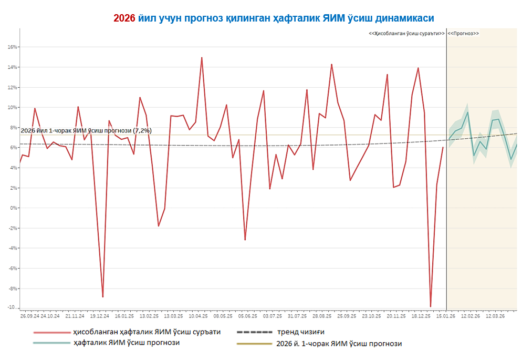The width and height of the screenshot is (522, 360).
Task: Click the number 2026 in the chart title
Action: pyautogui.click(x=124, y=18)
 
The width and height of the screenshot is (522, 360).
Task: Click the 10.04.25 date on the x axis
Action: pyautogui.click(x=198, y=316)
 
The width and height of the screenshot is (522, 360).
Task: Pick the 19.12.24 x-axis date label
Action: pyautogui.click(x=99, y=316)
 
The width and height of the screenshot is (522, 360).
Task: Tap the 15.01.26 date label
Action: pyautogui.click(x=445, y=316)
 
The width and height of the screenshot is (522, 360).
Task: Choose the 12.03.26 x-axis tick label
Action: pyautogui.click(x=495, y=316)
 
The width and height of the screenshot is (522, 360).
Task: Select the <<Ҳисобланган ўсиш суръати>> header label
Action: pyautogui.click(x=406, y=33)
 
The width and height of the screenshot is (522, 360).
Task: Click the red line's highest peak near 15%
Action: pyautogui.click(x=202, y=58)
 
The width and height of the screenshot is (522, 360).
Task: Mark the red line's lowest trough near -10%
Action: pyautogui.click(x=431, y=306)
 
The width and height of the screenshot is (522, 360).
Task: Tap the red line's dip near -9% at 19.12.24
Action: pyautogui.click(x=103, y=297)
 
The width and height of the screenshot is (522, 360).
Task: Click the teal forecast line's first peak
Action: pyautogui.click(x=467, y=112)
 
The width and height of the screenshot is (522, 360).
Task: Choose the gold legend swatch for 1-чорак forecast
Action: pyautogui.click(x=254, y=344)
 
